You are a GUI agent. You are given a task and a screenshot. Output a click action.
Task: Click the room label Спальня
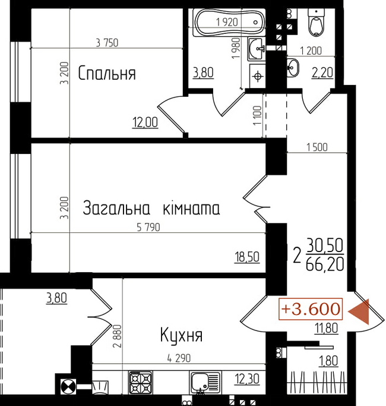107,73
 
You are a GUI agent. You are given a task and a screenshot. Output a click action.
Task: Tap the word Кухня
181,335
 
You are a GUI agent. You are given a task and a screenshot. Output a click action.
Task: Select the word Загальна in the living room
116,208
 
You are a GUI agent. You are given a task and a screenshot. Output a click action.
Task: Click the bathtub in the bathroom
230,23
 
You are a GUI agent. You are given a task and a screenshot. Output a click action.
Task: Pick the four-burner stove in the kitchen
141,382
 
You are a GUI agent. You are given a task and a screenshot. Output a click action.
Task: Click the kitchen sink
205,382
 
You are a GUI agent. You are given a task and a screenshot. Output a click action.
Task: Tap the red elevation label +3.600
311,309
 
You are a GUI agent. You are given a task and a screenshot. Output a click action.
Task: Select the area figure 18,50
247,257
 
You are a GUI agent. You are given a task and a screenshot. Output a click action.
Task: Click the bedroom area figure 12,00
145,122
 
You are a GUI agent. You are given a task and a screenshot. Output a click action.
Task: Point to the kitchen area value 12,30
247,379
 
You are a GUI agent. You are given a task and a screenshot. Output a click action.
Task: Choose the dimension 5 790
148,227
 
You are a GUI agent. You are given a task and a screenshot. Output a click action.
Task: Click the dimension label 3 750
107,43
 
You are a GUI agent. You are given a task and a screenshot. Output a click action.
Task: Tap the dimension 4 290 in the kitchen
179,358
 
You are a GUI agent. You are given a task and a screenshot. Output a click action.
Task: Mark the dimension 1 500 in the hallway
317,147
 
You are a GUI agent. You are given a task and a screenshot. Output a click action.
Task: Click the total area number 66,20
325,264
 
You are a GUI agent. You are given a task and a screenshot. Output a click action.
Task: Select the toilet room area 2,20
322,73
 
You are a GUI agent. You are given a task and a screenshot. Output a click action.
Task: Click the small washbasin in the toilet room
293,68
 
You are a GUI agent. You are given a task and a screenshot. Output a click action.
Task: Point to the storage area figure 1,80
328,361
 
